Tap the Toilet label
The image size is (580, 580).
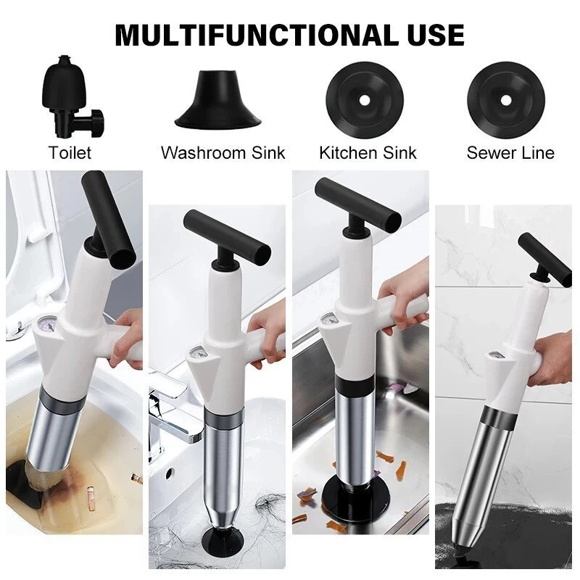70,153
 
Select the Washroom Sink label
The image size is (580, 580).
223,153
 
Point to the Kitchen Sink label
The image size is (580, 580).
368,153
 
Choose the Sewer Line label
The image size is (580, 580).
510,153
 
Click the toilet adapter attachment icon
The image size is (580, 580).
71,96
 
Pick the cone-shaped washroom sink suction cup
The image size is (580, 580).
218,99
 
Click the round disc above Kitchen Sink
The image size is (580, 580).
365,100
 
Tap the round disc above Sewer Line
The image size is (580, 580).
506,100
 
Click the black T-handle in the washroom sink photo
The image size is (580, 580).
228,239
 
